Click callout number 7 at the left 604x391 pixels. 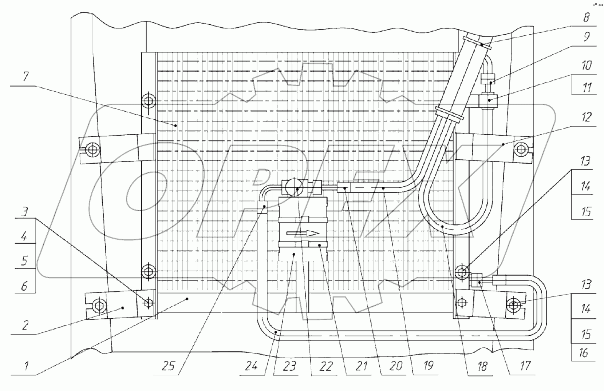click(x=25, y=77)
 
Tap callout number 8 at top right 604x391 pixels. click(x=586, y=17)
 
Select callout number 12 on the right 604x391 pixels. click(x=586, y=117)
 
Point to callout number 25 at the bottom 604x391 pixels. click(x=168, y=366)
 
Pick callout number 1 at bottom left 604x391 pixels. click(x=26, y=366)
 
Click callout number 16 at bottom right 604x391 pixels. click(x=583, y=352)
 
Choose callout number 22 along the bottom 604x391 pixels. click(x=326, y=366)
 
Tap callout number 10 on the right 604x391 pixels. click(x=586, y=65)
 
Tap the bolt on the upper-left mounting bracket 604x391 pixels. click(x=93, y=149)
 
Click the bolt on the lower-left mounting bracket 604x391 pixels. click(x=98, y=306)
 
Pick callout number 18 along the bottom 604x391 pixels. click(x=482, y=366)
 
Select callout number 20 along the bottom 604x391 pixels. click(x=396, y=366)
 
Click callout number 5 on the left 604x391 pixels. click(x=24, y=261)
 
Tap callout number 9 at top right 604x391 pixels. click(x=586, y=37)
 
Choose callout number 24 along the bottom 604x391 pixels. click(x=251, y=366)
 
